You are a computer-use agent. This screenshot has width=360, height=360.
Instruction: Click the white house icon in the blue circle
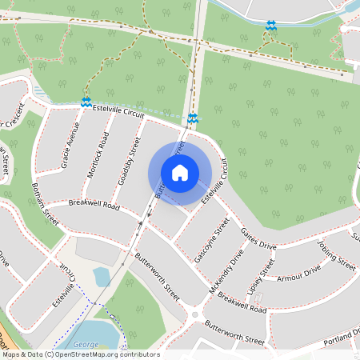pos(180,172)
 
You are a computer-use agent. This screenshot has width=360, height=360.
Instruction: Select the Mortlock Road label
pos(99,150)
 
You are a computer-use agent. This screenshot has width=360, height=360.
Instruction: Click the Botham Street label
pos(46,206)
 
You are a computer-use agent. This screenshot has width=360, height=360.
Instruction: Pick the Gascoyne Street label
pos(206,249)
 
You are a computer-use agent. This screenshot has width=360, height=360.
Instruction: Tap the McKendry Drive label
pos(227,270)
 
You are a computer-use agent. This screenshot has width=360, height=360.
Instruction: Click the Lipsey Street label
pos(262,276)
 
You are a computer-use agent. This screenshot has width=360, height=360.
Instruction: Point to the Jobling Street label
pos(335,254)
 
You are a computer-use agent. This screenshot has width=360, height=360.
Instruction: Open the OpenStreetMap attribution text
pos(80,354)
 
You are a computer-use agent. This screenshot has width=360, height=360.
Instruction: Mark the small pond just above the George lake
pos(102,277)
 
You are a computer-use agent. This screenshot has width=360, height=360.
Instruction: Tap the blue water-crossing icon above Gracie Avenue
pos(85,102)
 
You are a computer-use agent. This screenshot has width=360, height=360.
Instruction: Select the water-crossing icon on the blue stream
pos(271,26)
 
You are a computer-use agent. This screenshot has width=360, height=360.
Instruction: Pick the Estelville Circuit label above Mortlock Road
pos(118,111)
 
